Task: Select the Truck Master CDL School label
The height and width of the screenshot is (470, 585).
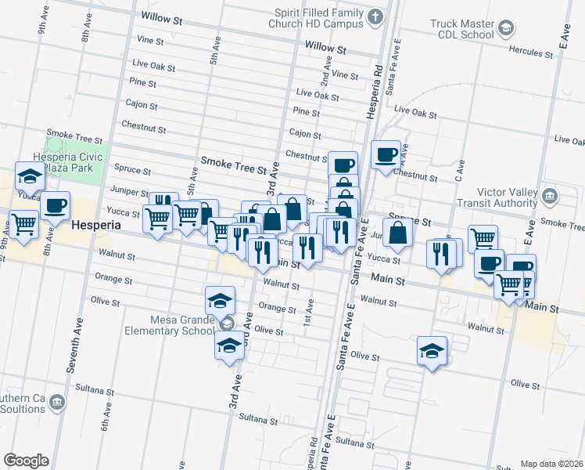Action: pyautogui.click(x=462, y=29)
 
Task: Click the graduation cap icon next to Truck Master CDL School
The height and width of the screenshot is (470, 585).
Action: pyautogui.click(x=507, y=29)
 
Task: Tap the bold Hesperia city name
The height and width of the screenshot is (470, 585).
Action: pyautogui.click(x=95, y=225)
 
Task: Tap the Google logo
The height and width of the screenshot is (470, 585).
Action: pyautogui.click(x=26, y=460)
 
